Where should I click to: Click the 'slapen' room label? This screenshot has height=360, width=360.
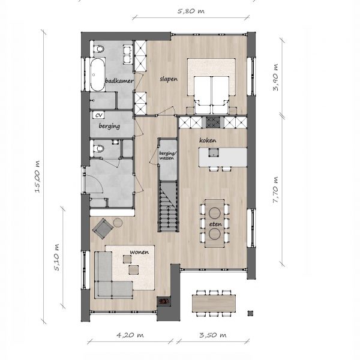(x=169, y=79)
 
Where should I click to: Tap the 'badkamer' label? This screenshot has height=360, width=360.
(x=119, y=80)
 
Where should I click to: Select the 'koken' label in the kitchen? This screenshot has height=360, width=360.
(x=208, y=140)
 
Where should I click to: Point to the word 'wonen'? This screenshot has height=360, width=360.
(x=139, y=252)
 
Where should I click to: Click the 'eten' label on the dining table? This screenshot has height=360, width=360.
(x=215, y=224)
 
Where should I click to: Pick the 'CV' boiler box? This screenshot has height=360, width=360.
(x=98, y=115)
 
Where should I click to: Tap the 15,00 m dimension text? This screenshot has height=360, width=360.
(x=37, y=176)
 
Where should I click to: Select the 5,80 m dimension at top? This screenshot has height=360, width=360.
(x=191, y=11)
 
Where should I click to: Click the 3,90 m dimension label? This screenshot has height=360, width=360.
(x=275, y=77)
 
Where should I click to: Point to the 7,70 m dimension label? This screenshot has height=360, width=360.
(x=275, y=190)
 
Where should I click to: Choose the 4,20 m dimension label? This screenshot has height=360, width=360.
(x=130, y=335)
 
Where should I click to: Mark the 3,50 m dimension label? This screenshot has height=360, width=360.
(x=212, y=335)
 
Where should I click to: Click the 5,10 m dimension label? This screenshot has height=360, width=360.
(x=56, y=257)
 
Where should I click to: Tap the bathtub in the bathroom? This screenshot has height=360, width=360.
(x=98, y=75)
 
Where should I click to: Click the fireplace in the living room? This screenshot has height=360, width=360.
(x=163, y=301)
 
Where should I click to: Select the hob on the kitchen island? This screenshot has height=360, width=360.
(x=214, y=152)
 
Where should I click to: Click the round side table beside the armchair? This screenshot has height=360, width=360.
(x=118, y=222)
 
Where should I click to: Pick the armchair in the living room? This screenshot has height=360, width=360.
(x=103, y=229)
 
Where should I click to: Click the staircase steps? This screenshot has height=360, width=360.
(x=168, y=206)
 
